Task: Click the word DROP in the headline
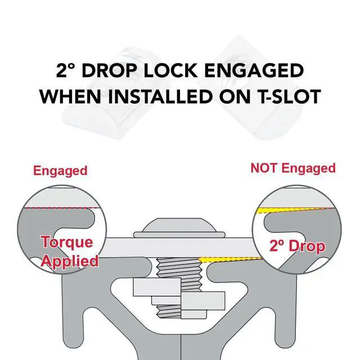(x=110, y=70)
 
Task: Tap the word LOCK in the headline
(x=170, y=70)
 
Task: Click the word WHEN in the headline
(x=70, y=96)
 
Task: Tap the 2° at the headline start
(x=66, y=70)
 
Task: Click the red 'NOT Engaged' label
(x=293, y=168)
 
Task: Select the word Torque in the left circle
(x=67, y=242)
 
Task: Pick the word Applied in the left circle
(x=70, y=262)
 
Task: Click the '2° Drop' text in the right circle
(x=298, y=246)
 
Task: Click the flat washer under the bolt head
(x=179, y=235)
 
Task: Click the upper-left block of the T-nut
(x=157, y=287)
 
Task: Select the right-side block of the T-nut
(x=203, y=300)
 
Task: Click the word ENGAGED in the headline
(x=254, y=70)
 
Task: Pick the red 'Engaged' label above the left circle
(x=60, y=171)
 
